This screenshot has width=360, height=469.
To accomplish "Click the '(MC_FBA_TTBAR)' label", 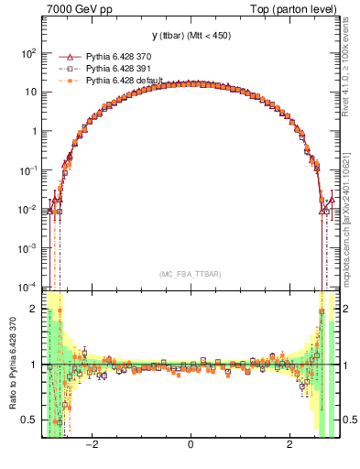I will pos(190,274).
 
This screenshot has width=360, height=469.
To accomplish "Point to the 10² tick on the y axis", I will pos(27,53).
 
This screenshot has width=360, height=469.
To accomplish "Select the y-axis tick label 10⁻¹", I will pos(27,170).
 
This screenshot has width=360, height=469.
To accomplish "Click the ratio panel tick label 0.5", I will pos(28,420).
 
